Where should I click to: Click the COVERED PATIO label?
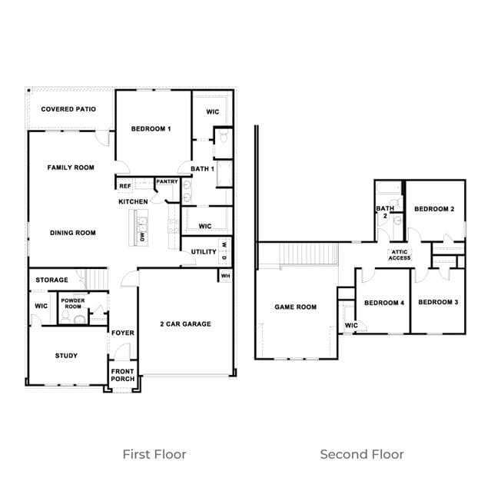pyautogui.click(x=68, y=109)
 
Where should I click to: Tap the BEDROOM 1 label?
pyautogui.click(x=151, y=129)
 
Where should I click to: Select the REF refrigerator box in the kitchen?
pyautogui.click(x=125, y=186)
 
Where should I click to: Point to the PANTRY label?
pyautogui.click(x=167, y=181)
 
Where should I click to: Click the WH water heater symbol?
pyautogui.click(x=226, y=276)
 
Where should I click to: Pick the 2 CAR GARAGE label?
pyautogui.click(x=186, y=324)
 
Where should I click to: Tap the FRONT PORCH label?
pyautogui.click(x=123, y=375)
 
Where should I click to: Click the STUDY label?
pyautogui.click(x=66, y=356)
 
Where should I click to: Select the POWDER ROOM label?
pyautogui.click(x=73, y=304)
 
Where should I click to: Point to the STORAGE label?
pyautogui.click(x=51, y=280)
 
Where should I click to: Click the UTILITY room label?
pyautogui.click(x=204, y=252)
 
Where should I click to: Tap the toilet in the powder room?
pyautogui.click(x=65, y=317)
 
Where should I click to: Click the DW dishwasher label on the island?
pyautogui.click(x=142, y=237)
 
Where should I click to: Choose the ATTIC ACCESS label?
pyautogui.click(x=400, y=255)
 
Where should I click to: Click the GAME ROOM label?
pyautogui.click(x=296, y=307)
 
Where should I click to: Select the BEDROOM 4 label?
pyautogui.click(x=384, y=303)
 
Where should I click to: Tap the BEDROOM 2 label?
pyautogui.click(x=434, y=209)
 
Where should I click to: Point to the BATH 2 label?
pyautogui.click(x=385, y=212)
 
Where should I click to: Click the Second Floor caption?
pyautogui.click(x=362, y=454)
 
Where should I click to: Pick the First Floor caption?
pyautogui.click(x=154, y=454)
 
